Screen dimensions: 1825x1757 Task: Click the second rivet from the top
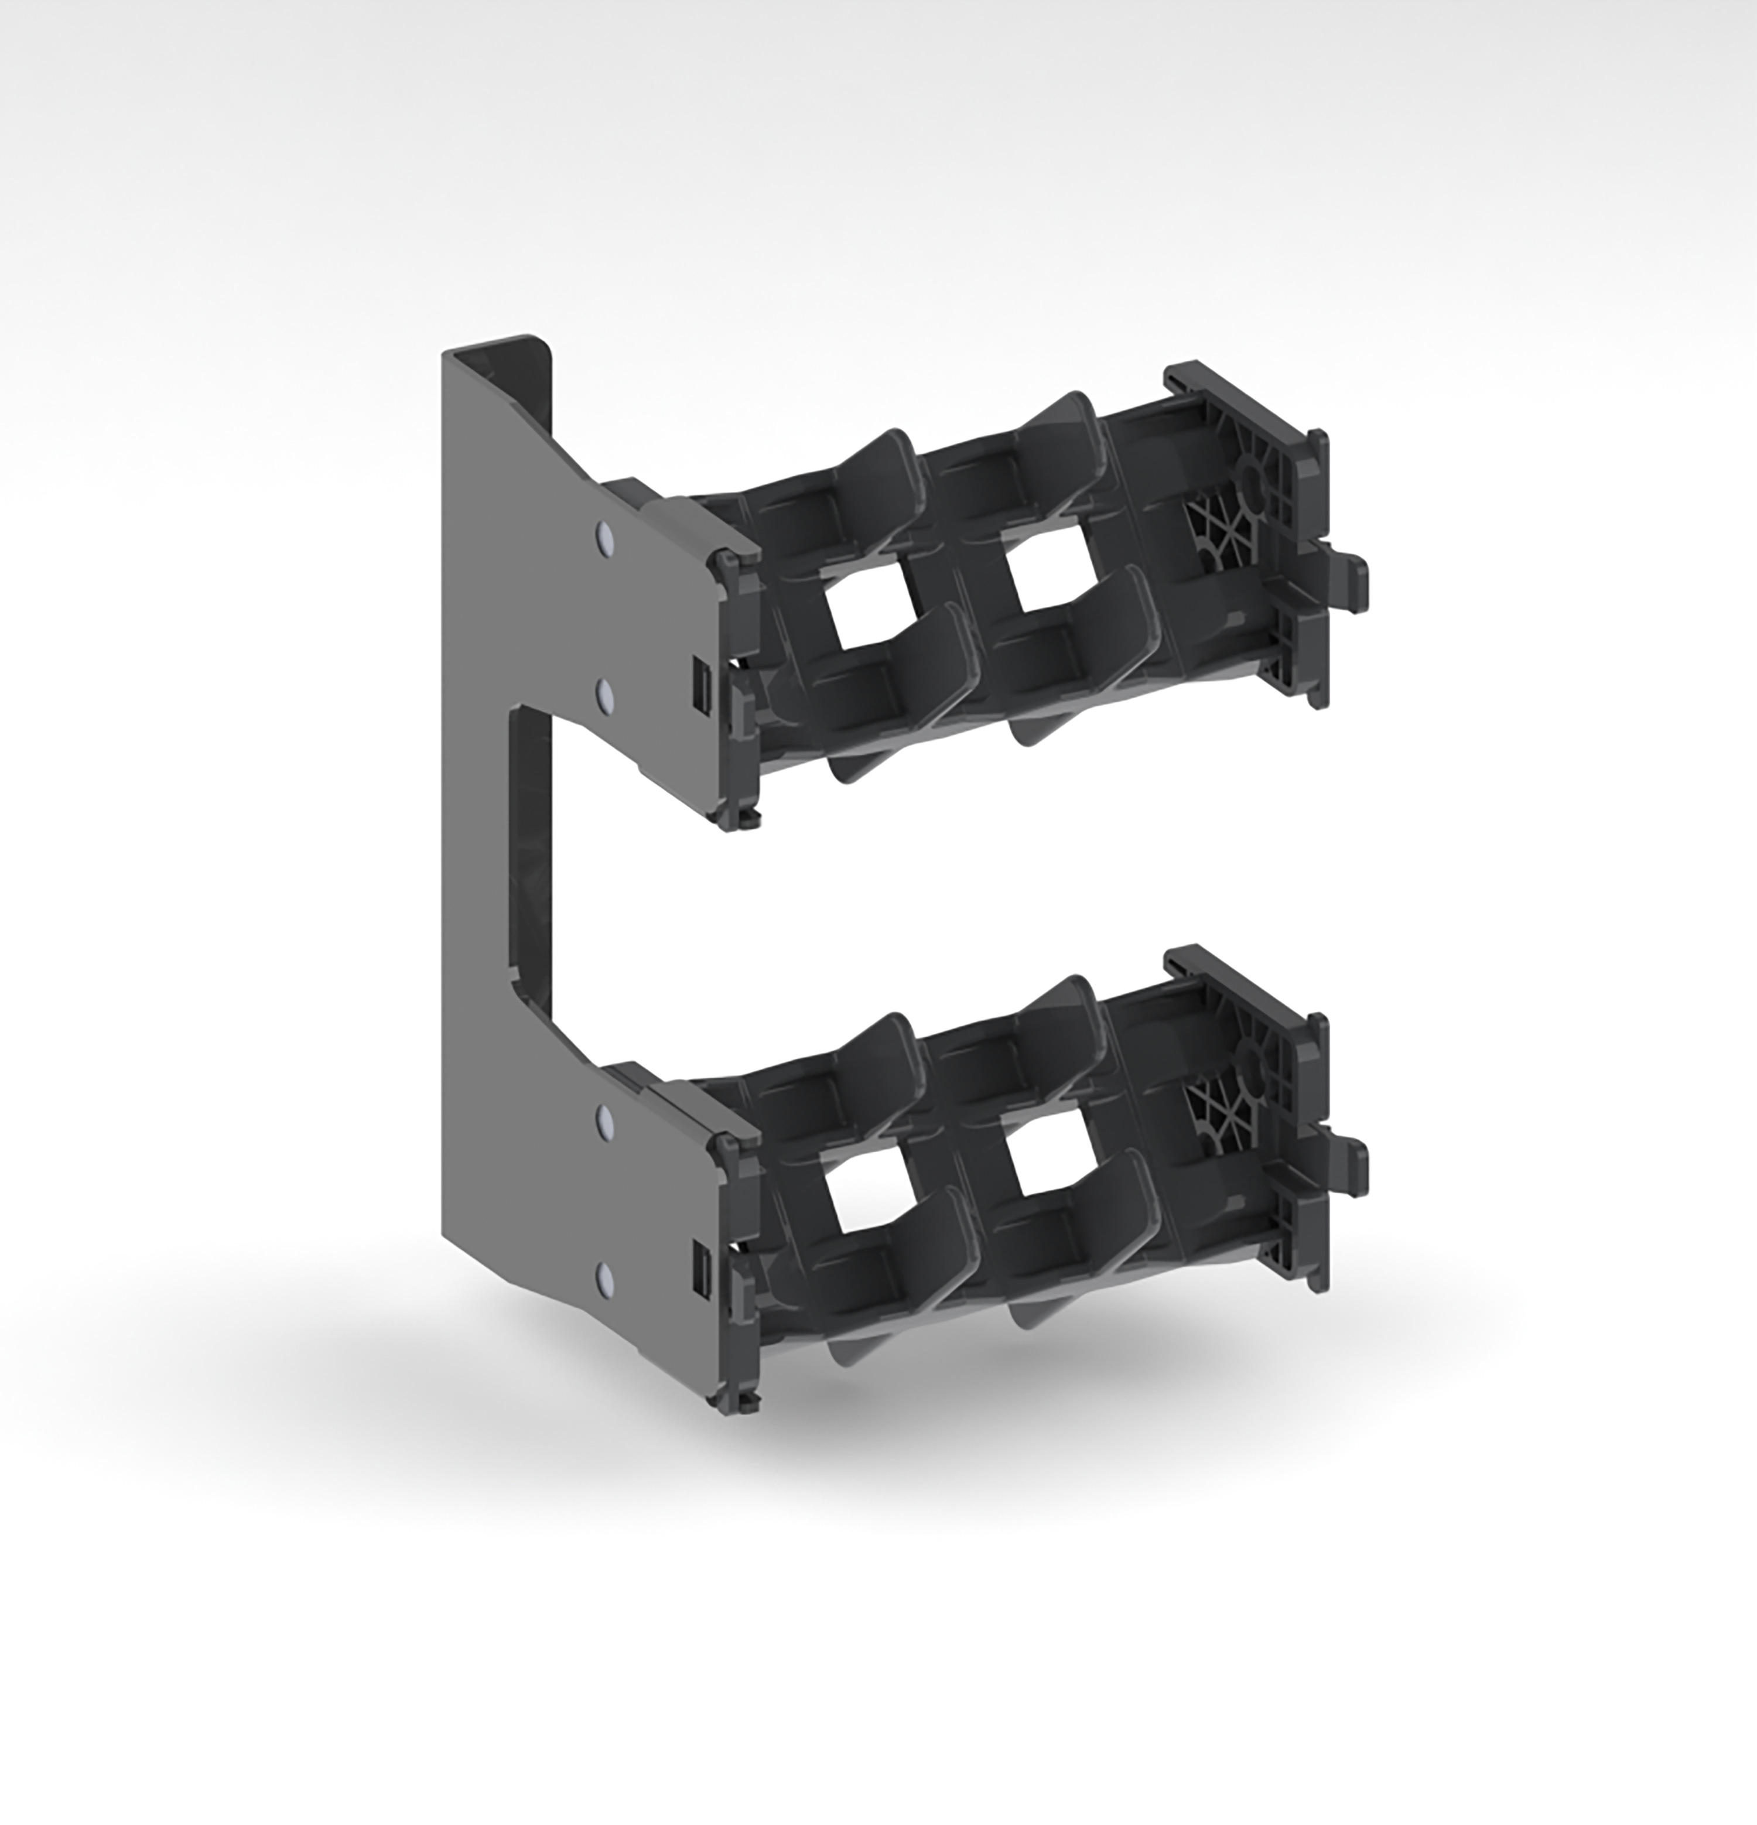605,695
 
